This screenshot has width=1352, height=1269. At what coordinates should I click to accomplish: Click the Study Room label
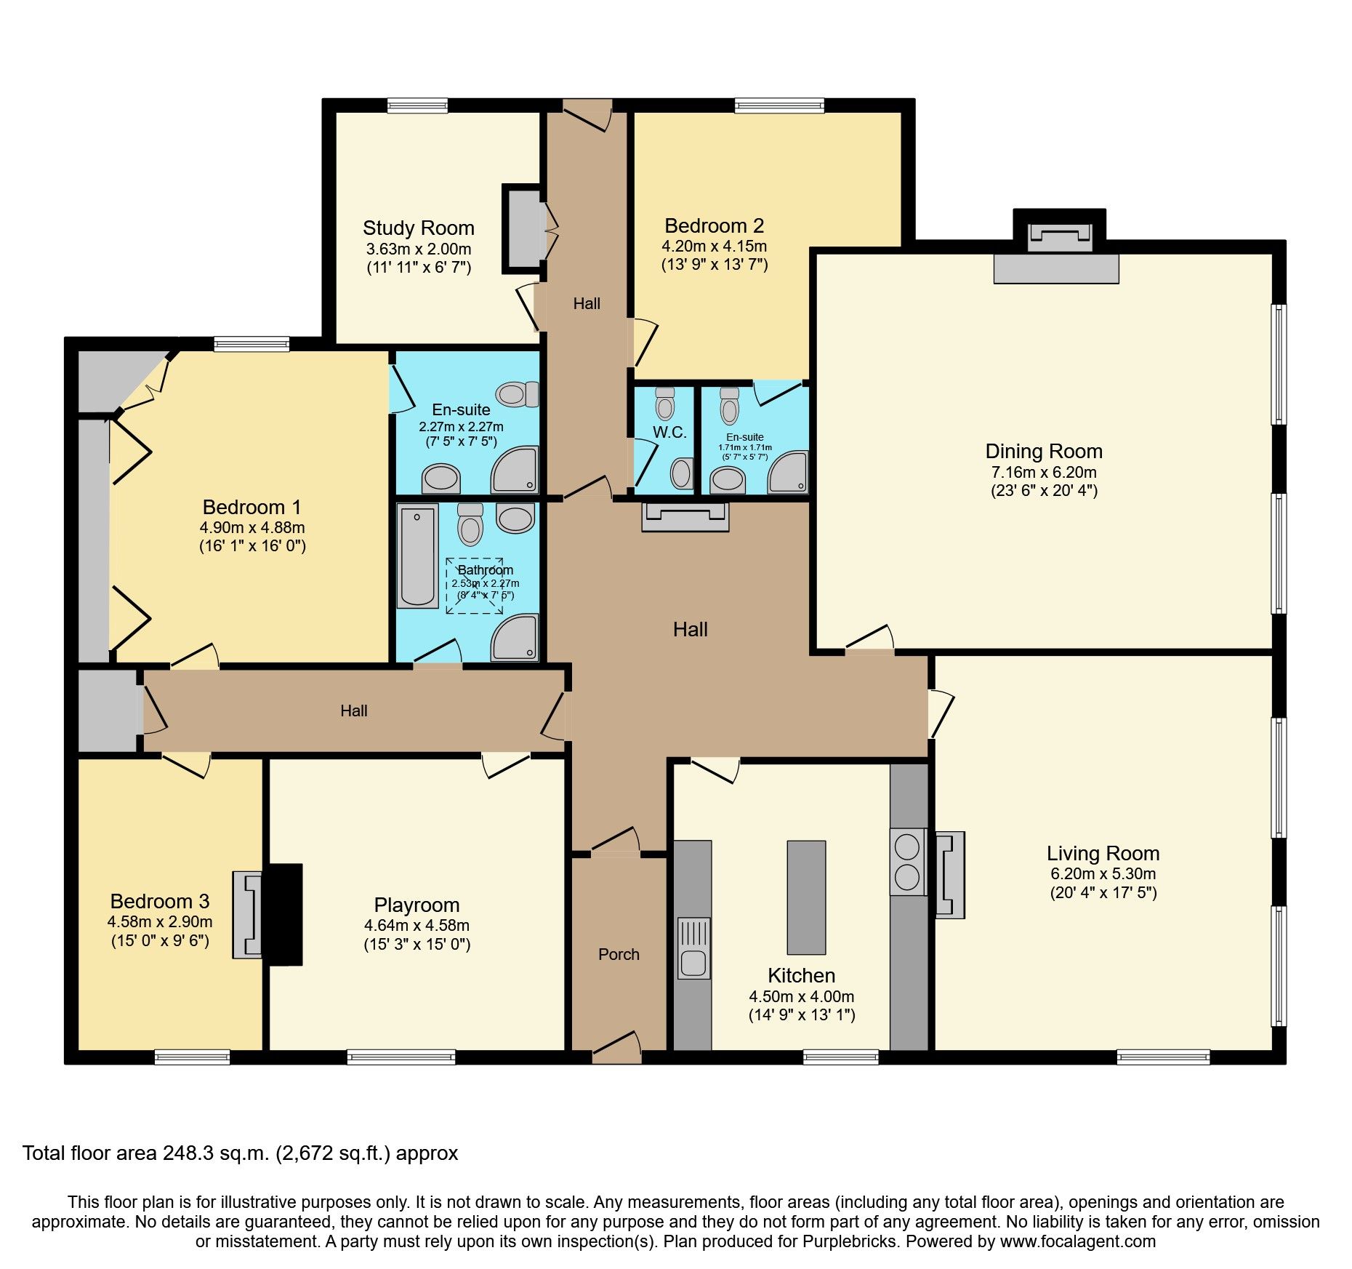pyautogui.click(x=418, y=228)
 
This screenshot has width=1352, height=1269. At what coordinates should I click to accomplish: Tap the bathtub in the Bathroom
pyautogui.click(x=417, y=556)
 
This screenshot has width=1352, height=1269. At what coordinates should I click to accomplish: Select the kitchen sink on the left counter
pyautogui.click(x=693, y=948)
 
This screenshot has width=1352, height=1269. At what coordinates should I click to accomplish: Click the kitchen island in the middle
pyautogui.click(x=806, y=897)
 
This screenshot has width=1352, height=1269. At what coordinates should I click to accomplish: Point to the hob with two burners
pyautogui.click(x=907, y=862)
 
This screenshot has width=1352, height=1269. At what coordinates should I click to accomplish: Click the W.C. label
pyautogui.click(x=669, y=432)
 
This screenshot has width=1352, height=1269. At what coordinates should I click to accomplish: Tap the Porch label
pyautogui.click(x=619, y=954)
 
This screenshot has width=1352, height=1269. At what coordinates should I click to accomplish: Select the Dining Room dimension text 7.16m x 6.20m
pyautogui.click(x=1044, y=472)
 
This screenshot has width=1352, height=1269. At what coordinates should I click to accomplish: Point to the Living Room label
pyautogui.click(x=1103, y=853)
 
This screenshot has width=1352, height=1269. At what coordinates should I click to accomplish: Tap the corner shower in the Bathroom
pyautogui.click(x=515, y=638)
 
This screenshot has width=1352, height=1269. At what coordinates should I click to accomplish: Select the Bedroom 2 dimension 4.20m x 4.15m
pyautogui.click(x=714, y=247)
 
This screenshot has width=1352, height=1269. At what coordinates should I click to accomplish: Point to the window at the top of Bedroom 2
pyautogui.click(x=779, y=106)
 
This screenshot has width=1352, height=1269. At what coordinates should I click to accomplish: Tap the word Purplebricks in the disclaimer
pyautogui.click(x=849, y=1241)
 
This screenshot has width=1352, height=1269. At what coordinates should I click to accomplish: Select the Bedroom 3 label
pyautogui.click(x=160, y=901)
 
